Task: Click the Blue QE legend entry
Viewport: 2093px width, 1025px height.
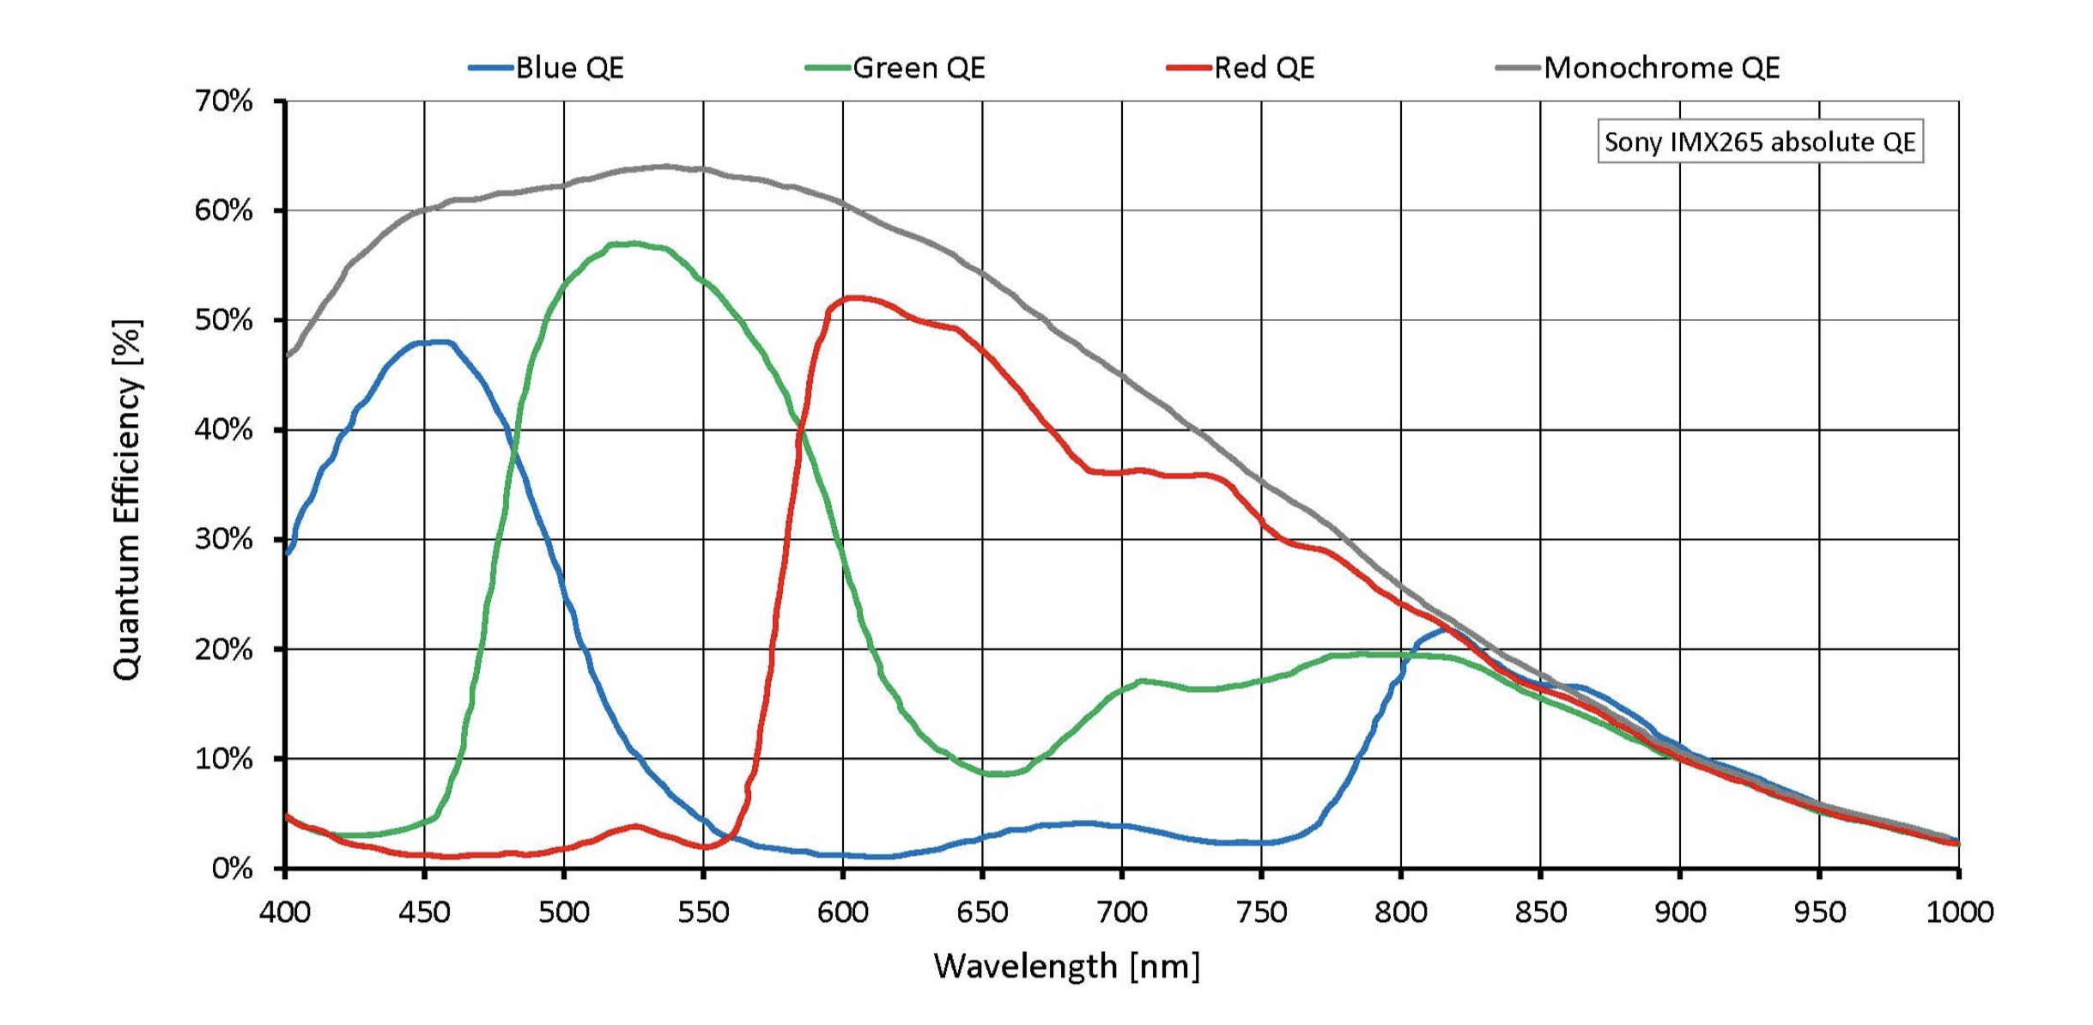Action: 548,68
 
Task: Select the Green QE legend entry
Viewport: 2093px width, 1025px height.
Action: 896,68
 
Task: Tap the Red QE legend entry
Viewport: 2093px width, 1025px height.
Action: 1241,68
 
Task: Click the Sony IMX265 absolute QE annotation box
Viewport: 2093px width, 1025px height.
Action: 1759,142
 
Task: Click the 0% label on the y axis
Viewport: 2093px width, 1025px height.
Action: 233,869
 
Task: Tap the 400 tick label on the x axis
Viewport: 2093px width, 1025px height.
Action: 285,912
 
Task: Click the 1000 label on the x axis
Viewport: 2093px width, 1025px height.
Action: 1959,912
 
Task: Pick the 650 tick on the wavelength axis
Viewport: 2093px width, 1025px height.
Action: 982,912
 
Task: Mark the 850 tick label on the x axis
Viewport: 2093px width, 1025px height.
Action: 1540,912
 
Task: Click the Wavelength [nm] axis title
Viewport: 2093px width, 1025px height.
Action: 1066,967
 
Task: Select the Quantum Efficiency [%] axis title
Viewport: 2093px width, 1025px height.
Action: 127,500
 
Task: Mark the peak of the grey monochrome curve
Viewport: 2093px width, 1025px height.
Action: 665,166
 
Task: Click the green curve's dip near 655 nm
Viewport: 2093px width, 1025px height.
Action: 996,773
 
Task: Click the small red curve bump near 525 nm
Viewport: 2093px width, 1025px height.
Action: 634,826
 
